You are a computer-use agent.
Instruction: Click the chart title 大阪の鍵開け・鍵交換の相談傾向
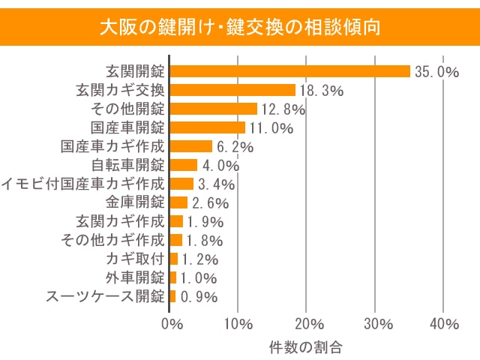pyautogui.click(x=240, y=28)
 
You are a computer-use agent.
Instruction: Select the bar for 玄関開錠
pyautogui.click(x=290, y=71)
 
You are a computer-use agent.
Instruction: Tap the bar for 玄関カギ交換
pyautogui.click(x=232, y=90)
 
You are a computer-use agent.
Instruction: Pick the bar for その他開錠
pyautogui.click(x=214, y=109)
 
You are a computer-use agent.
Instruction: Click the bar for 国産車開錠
pyautogui.click(x=208, y=127)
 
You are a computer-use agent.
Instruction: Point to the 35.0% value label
pyautogui.click(x=436, y=72)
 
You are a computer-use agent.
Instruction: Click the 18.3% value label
pyautogui.click(x=321, y=91)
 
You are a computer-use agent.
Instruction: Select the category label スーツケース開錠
pyautogui.click(x=105, y=296)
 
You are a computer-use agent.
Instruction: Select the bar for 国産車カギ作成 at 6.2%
pyautogui.click(x=191, y=146)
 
